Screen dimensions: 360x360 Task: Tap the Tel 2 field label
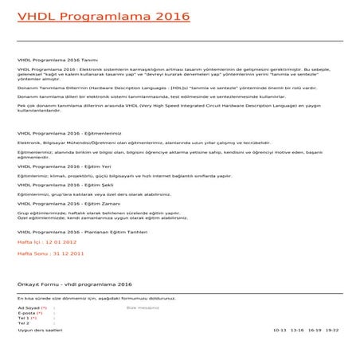coord(23,323)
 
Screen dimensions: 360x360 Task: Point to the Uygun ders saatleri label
coord(40,329)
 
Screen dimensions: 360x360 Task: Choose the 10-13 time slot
coord(279,329)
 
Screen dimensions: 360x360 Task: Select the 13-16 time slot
coord(297,329)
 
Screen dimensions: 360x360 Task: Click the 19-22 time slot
coord(331,329)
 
